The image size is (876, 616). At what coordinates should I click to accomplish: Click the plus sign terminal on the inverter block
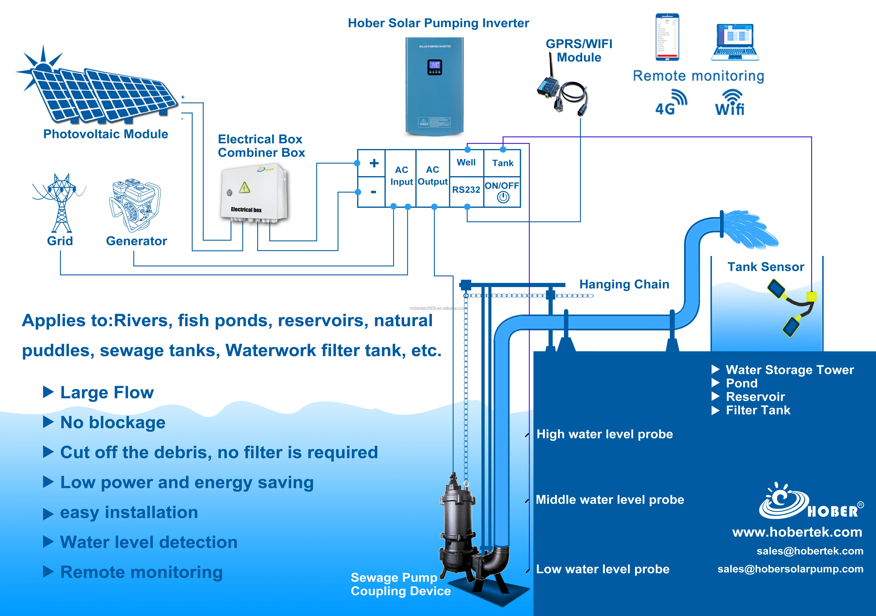(374, 163)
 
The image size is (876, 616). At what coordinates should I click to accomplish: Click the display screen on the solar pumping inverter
(435, 67)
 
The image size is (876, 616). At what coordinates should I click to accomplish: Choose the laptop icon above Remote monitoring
(735, 42)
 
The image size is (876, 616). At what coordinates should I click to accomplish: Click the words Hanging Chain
(624, 284)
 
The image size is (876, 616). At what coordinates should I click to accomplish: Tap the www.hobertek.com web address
(797, 532)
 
